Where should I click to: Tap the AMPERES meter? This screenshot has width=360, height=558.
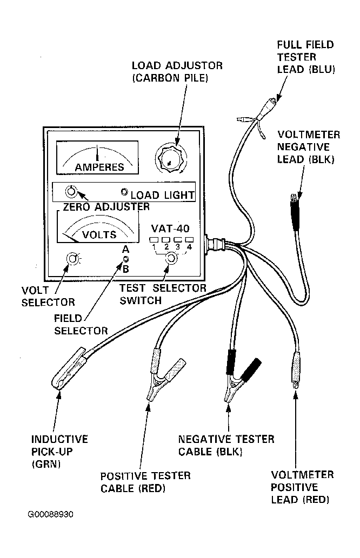(97, 158)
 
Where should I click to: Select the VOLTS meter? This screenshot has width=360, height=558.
(97, 227)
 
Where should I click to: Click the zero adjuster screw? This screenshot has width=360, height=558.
(70, 191)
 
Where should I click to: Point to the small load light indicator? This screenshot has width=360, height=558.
(124, 192)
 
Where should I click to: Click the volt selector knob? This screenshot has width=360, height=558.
(73, 259)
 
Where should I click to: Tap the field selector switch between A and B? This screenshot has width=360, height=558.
(126, 259)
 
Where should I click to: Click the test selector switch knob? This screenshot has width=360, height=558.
(172, 258)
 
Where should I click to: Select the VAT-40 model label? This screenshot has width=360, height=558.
(170, 228)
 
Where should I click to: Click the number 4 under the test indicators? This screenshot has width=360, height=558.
(189, 247)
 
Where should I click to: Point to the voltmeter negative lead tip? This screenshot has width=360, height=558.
(294, 197)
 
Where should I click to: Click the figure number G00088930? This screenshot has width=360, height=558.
(50, 514)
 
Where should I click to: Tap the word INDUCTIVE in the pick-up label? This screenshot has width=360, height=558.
(59, 439)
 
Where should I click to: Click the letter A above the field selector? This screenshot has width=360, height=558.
(125, 250)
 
